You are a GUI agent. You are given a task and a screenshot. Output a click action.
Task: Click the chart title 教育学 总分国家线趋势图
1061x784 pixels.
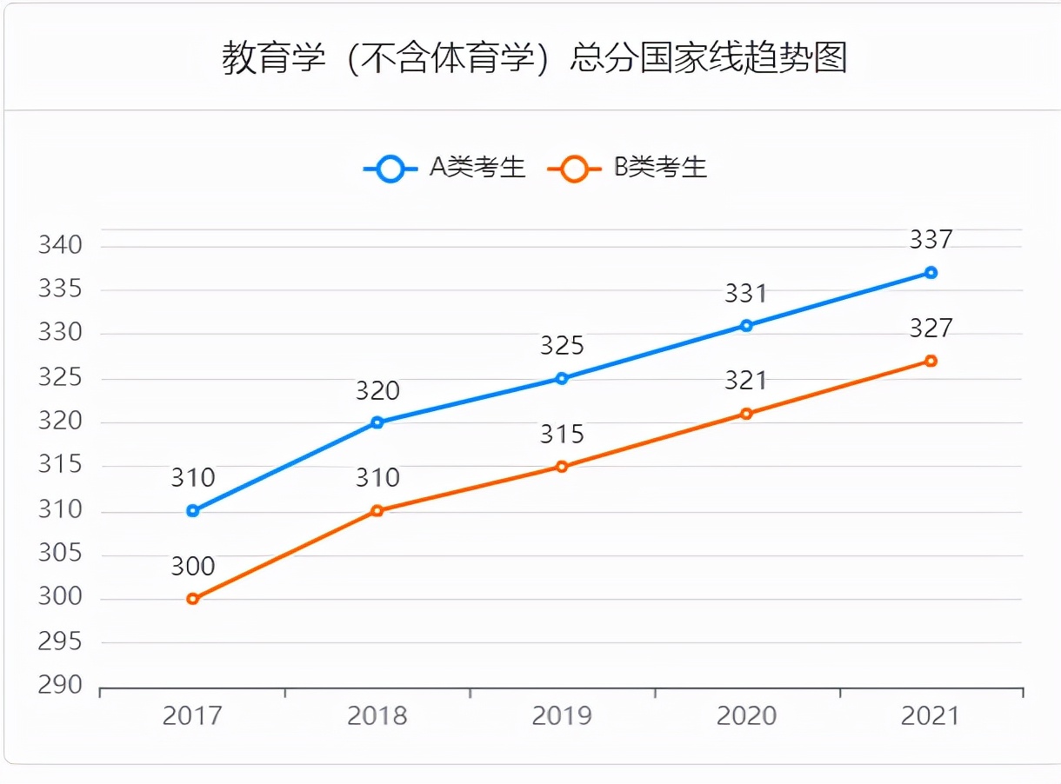coord(534,58)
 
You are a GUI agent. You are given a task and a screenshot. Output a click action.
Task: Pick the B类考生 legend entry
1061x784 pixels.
coord(628,168)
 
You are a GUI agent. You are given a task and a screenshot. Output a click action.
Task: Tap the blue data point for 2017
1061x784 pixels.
coord(193,511)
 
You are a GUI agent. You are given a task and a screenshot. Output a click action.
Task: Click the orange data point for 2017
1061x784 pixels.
coord(193,599)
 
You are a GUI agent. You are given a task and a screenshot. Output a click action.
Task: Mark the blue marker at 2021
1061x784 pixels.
coord(931,273)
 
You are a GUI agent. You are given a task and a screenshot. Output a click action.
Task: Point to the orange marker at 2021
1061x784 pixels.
coord(931,361)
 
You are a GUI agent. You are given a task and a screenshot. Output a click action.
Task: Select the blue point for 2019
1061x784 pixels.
coord(562,378)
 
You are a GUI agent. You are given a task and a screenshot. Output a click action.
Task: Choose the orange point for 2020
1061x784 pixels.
coord(746,414)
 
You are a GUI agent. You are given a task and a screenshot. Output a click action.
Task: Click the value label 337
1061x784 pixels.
coord(931,239)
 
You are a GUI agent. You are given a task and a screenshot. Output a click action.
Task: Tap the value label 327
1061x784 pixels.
coord(931,329)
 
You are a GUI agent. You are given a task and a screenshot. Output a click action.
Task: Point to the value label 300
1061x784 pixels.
coord(193,567)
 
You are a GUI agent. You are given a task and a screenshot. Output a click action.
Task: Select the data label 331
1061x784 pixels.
coord(746,294)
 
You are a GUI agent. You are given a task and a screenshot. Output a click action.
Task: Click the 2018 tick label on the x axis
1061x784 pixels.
coord(377,716)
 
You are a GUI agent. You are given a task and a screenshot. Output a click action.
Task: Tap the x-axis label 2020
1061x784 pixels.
coord(746,716)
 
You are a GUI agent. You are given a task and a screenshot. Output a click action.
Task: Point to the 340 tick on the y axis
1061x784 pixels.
coord(60,246)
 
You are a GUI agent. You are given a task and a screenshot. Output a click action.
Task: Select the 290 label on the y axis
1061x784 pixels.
coord(60,686)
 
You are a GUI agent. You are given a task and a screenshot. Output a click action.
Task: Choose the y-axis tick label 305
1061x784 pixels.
coord(60,554)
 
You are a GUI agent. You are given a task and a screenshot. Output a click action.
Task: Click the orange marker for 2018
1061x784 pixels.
coord(377,511)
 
